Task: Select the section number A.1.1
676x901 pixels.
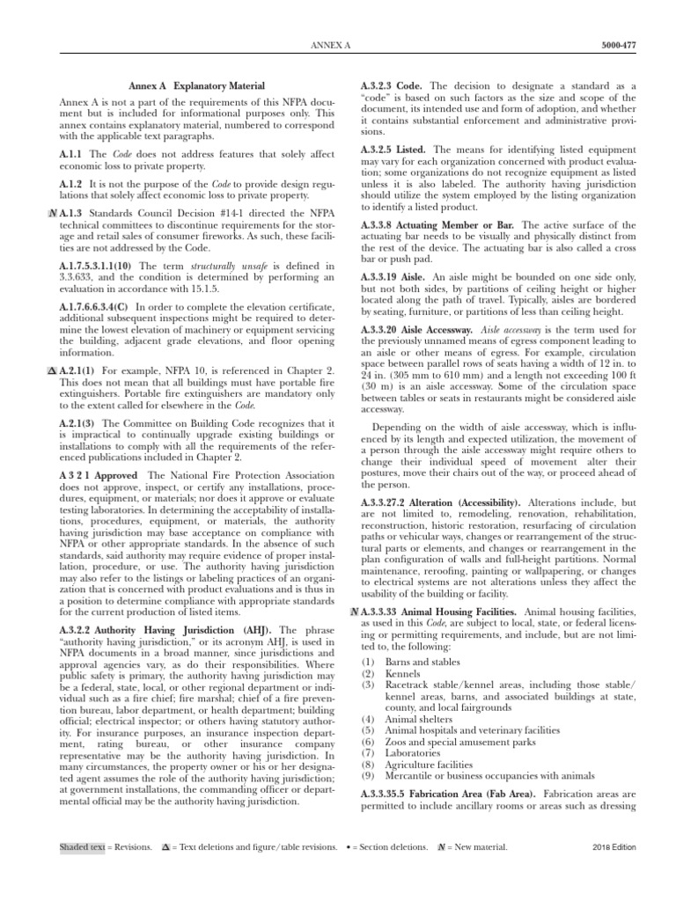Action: (71, 154)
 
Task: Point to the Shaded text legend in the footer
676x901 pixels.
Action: (81, 848)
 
